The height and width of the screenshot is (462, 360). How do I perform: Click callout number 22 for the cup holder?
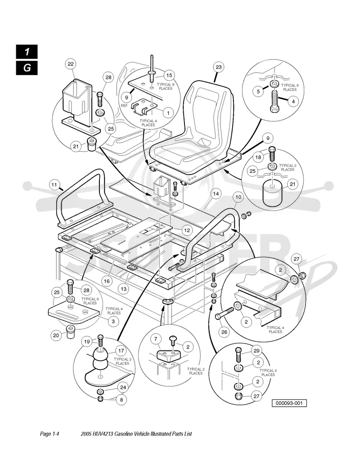coord(71,64)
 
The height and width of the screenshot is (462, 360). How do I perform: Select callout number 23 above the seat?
coord(219,67)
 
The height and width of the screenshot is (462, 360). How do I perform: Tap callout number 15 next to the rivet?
coord(169,76)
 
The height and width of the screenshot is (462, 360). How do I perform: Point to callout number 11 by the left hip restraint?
coord(54,185)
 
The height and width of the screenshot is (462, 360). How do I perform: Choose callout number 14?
coord(216,194)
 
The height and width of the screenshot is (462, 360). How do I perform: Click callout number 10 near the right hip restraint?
coord(238,197)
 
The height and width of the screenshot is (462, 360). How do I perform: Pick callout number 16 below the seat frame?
coord(107,281)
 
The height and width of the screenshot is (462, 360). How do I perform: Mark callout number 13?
coord(124,289)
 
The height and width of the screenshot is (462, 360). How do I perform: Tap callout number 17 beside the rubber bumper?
coord(121,350)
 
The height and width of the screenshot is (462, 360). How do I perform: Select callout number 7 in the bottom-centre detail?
coord(156,339)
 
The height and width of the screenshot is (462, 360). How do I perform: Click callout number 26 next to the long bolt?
coord(225,332)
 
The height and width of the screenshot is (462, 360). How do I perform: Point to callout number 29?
coord(256,350)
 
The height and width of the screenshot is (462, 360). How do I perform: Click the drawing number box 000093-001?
coord(289,403)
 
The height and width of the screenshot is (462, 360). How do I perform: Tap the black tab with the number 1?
coord(27,52)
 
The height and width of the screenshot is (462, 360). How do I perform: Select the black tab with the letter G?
coord(27,68)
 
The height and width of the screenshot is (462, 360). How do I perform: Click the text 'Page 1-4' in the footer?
coord(50,434)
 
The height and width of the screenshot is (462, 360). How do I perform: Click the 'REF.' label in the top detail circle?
coord(124,105)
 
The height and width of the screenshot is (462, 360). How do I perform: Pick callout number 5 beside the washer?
coord(258,91)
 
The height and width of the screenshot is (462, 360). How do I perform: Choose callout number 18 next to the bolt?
coord(258,157)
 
